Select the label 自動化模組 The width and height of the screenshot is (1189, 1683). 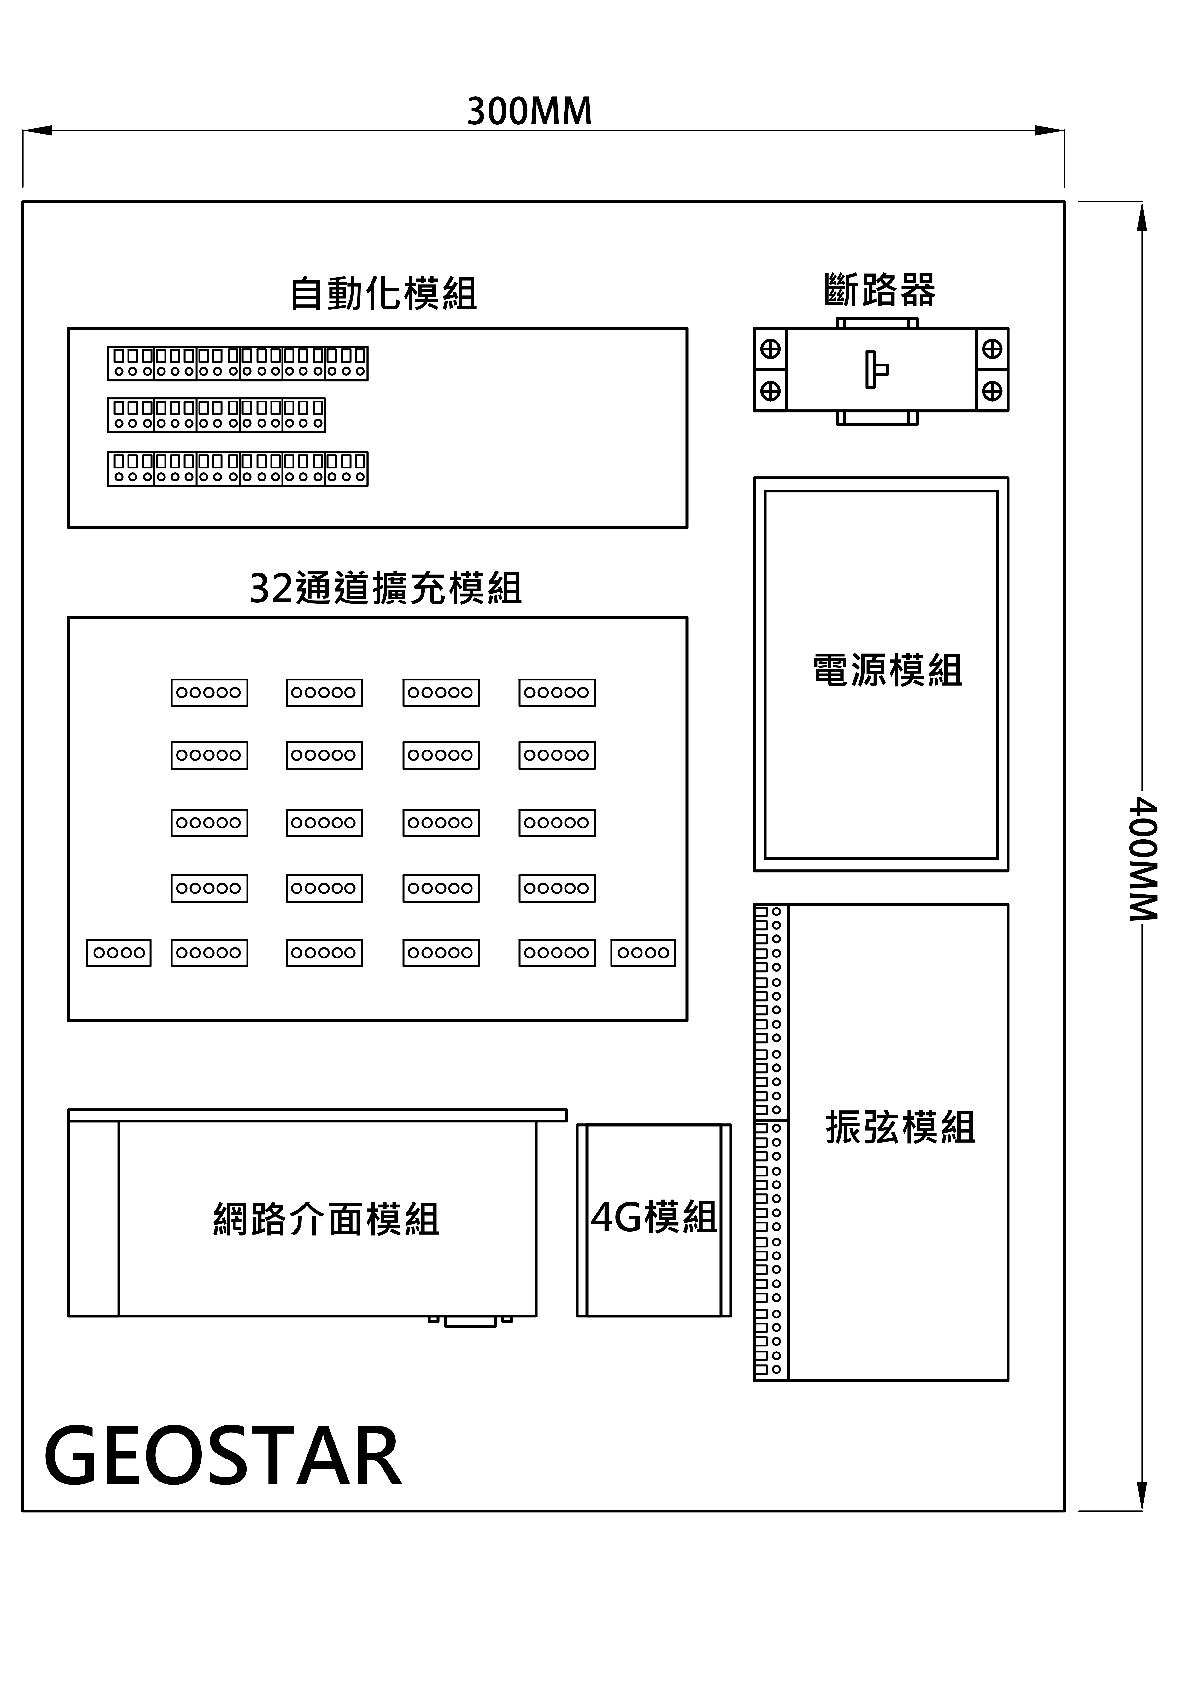[383, 293]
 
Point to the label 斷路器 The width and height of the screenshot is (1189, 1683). [880, 289]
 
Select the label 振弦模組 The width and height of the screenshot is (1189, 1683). [900, 1127]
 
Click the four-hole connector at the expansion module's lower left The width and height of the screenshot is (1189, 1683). [119, 953]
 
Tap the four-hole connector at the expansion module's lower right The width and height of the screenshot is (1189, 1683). [643, 953]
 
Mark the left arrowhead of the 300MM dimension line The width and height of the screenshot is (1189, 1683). [37, 130]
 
